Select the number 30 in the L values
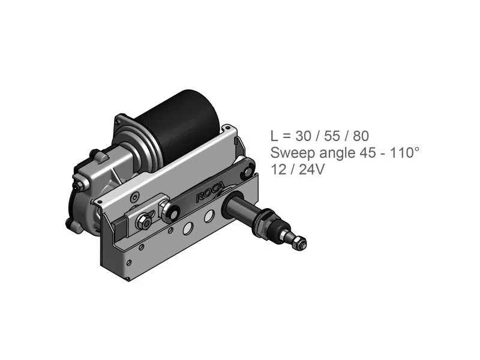click(304, 136)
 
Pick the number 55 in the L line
click(332, 136)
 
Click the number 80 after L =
click(361, 136)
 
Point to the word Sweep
click(293, 153)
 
